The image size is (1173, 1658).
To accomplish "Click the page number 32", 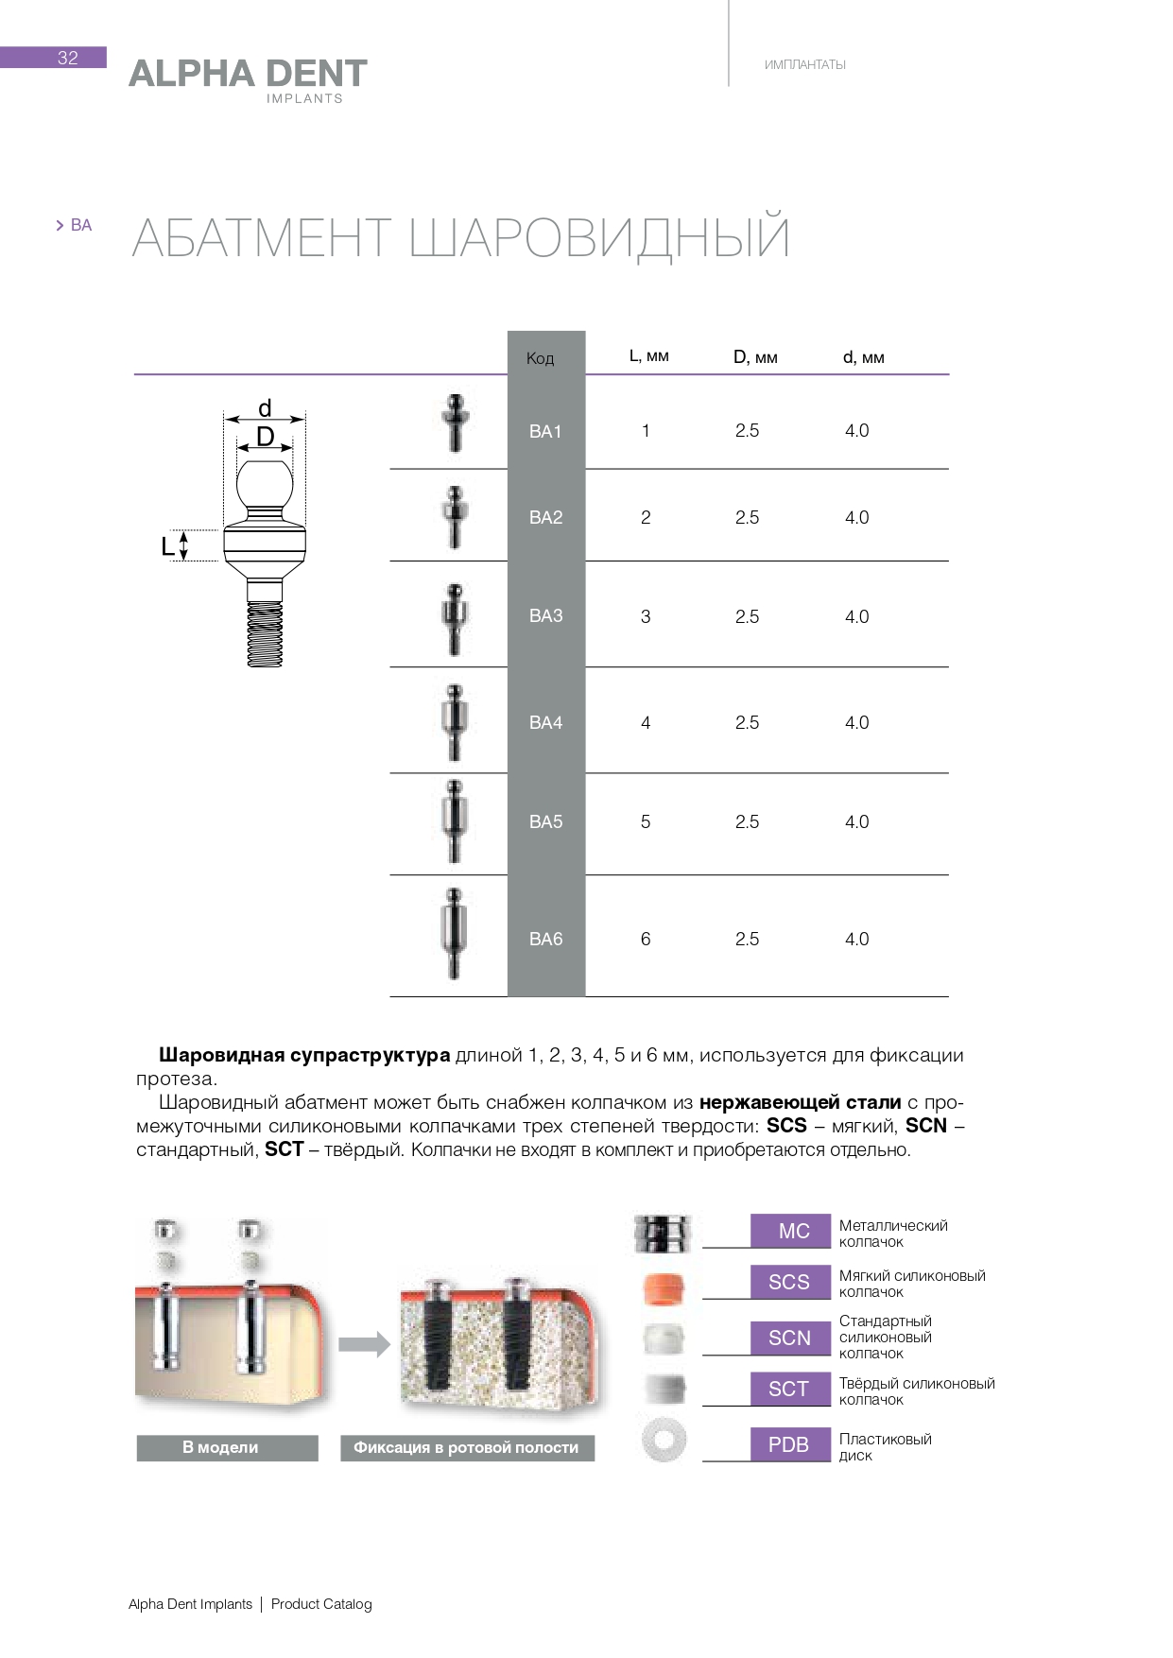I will [x=67, y=58].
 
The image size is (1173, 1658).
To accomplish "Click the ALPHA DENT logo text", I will [x=248, y=74].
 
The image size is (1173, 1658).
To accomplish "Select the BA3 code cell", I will [x=545, y=616].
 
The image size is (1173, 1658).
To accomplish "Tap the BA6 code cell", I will [x=545, y=939].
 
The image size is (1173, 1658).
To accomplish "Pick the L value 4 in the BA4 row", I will [x=646, y=723].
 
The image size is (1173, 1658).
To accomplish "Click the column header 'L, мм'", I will [x=648, y=356].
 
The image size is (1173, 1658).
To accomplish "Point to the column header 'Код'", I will [x=540, y=358].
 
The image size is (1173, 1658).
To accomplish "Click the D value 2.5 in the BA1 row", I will [x=747, y=431].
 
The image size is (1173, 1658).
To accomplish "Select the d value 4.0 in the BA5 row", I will [x=856, y=822].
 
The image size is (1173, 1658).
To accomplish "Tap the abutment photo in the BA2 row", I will [x=455, y=517].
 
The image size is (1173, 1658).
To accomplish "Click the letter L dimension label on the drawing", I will [x=167, y=546].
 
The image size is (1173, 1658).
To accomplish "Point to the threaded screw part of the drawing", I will [x=265, y=633].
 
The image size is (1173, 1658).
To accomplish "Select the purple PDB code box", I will [x=788, y=1444].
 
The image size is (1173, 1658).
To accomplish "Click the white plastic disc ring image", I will [x=664, y=1441].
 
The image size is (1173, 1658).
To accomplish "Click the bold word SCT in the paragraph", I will [x=284, y=1149].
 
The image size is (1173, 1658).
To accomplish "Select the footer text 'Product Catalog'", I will [x=321, y=1604].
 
